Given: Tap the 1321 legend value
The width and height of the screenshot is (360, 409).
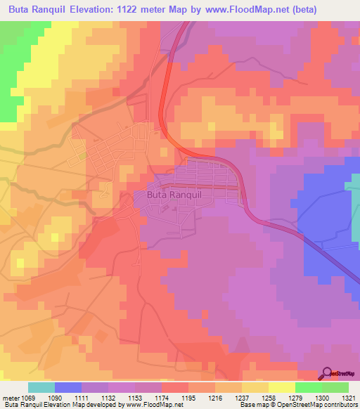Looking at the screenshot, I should point(350,398).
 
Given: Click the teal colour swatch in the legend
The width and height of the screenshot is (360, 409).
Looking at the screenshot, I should point(41,387).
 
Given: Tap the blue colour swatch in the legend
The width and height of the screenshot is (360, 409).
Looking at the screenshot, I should point(68,387).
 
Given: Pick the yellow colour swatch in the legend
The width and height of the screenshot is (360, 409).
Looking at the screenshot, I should point(281,387).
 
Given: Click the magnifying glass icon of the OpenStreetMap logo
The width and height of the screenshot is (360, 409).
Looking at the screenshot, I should point(327,372).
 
